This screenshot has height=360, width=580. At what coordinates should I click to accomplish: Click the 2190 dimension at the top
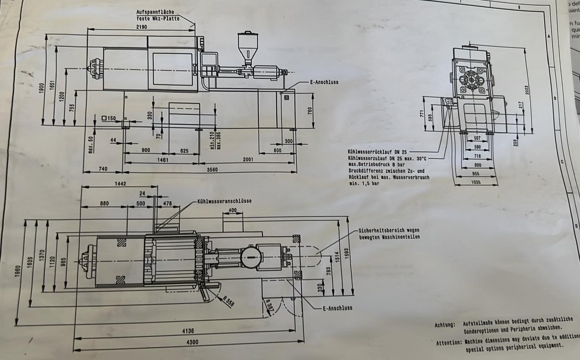tap(142, 26)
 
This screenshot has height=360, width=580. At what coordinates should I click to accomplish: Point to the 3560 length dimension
tap(212, 170)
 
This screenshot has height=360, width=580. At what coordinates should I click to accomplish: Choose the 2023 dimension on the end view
tap(527, 90)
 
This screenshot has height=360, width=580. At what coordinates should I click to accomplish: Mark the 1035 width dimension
tap(476, 183)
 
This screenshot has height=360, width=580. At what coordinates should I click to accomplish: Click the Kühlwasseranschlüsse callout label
tap(224, 200)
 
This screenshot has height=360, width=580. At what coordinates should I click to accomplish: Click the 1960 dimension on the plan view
tap(17, 272)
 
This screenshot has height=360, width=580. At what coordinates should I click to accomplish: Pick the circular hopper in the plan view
tap(250, 257)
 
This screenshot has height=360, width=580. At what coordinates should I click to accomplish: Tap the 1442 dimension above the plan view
tap(120, 184)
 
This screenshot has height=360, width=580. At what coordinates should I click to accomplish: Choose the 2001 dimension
tap(248, 160)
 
